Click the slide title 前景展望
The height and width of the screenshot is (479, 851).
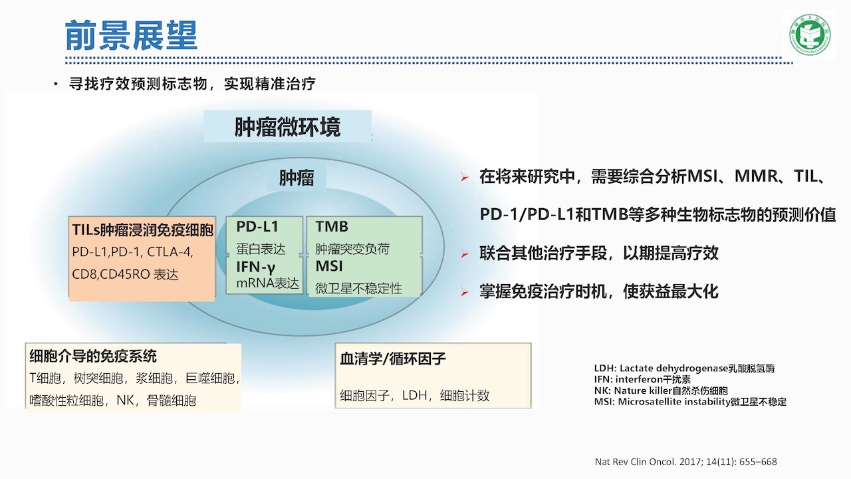(x=131, y=35)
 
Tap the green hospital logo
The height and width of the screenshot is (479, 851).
(x=810, y=35)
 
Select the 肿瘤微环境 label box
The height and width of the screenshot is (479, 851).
(x=288, y=126)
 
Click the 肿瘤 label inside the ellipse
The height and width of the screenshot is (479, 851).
(x=297, y=178)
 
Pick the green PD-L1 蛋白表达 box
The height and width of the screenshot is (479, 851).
(x=265, y=236)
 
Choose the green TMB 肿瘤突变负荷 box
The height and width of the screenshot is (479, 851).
(x=364, y=236)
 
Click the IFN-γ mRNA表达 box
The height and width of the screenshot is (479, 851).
(x=265, y=275)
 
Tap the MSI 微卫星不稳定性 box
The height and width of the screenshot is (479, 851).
(x=364, y=276)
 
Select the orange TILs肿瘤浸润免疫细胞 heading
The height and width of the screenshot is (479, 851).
(x=143, y=230)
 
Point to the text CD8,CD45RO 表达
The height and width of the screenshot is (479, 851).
(x=125, y=274)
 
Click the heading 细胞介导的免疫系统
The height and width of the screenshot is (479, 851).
(x=93, y=356)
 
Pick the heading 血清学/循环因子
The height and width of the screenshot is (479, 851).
(x=392, y=359)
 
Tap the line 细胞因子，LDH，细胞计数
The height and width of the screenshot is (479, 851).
(x=414, y=395)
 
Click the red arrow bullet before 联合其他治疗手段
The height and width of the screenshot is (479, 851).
(x=464, y=253)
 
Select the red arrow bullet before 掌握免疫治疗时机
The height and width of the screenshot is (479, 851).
(x=464, y=292)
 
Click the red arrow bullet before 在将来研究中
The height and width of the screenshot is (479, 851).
(x=464, y=177)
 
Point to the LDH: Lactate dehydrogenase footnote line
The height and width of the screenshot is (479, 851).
(x=684, y=368)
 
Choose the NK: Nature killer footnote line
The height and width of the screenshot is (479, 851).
(x=661, y=391)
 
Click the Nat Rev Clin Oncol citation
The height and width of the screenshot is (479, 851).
(x=685, y=462)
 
